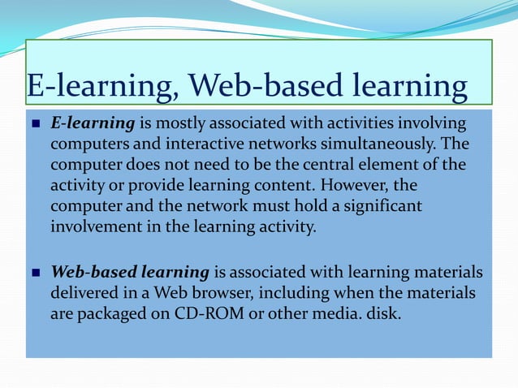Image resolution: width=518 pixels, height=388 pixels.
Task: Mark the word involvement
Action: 93,226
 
